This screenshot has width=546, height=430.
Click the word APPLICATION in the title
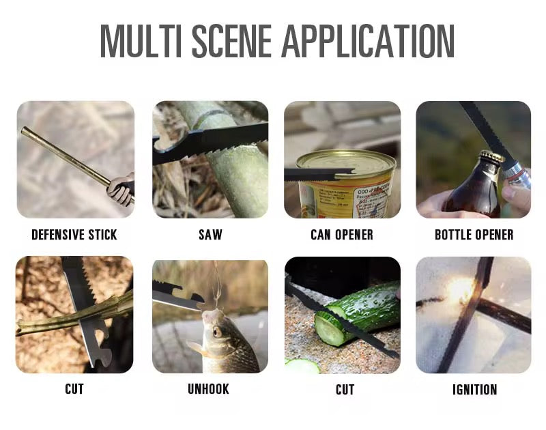click(369, 41)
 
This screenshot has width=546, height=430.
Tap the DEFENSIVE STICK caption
click(74, 235)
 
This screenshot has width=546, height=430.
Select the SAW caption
click(210, 235)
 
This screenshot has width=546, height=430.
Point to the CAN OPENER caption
click(342, 235)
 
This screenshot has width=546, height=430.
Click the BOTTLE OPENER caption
click(474, 235)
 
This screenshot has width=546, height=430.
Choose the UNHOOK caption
click(209, 389)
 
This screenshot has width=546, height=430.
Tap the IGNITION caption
click(474, 390)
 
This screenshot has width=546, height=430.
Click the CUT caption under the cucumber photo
click(345, 390)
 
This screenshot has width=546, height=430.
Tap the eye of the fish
click(217, 331)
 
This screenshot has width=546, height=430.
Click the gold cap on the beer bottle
click(491, 156)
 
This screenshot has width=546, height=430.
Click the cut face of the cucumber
click(328, 329)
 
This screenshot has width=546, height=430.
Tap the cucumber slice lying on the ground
click(302, 367)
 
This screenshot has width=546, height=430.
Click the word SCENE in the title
click(232, 41)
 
